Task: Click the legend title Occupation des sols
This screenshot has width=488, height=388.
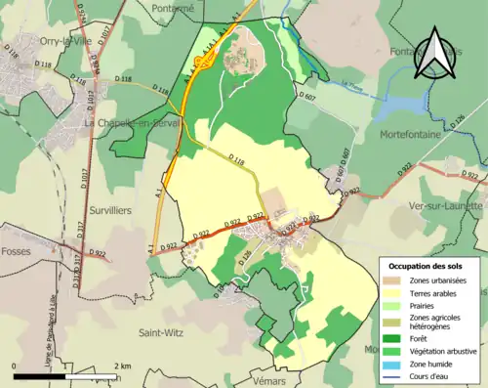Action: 427,266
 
